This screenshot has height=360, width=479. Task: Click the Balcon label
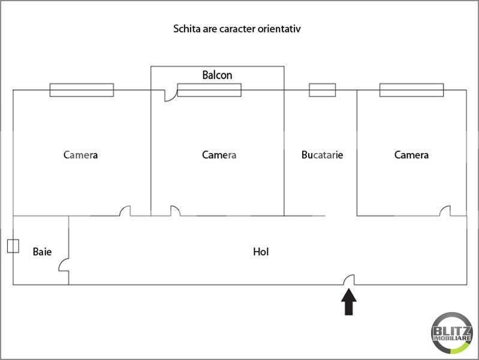[x=217, y=76]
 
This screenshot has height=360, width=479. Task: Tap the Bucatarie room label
[x=322, y=155]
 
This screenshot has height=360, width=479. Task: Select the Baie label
[x=42, y=251]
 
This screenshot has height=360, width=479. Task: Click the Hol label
[x=261, y=252]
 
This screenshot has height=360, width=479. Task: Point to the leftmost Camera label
[x=80, y=155]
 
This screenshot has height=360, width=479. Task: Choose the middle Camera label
[x=219, y=155]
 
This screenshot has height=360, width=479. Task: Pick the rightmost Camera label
[x=411, y=155]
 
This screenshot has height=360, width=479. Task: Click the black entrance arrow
[x=349, y=302]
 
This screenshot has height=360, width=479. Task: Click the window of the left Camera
[x=81, y=90]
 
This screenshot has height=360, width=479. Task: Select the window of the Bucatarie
[x=322, y=90]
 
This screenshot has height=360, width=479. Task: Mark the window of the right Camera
[x=411, y=90]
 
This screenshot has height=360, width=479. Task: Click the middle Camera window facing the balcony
[x=209, y=90]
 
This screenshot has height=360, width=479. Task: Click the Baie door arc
[x=64, y=266]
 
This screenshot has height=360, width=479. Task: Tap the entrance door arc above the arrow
[x=349, y=279]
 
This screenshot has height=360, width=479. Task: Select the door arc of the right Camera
[x=445, y=211]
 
